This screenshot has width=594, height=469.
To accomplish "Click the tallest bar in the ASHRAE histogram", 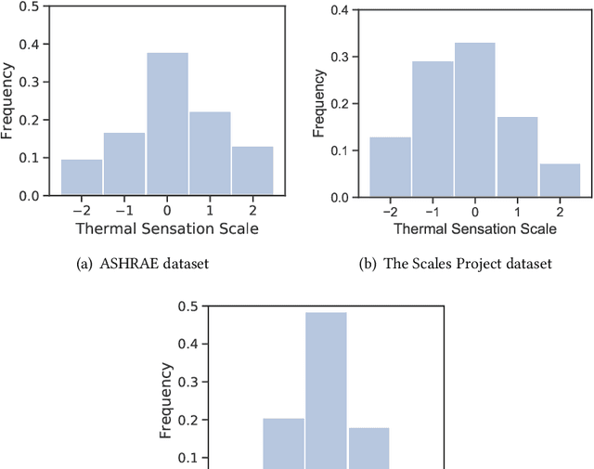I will (167, 124).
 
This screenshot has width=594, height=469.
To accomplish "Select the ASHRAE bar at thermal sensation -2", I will (82, 177).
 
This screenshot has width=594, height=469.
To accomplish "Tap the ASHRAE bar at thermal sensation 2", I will (252, 171).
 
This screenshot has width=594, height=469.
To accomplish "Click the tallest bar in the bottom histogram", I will (326, 390).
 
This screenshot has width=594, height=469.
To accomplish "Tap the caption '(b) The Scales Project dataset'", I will (455, 264).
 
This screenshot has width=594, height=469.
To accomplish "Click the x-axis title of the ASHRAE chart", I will (167, 228).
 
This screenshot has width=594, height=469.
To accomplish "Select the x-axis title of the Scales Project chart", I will (474, 228).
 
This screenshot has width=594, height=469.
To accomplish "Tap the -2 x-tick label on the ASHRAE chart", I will (79, 210).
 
